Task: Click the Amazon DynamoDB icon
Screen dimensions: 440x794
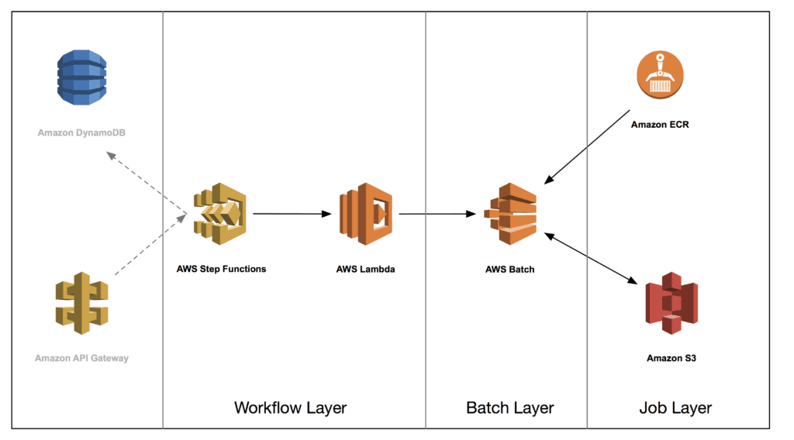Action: click(x=81, y=78)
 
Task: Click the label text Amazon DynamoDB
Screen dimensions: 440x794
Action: click(x=81, y=133)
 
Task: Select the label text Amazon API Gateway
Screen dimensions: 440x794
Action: click(x=81, y=358)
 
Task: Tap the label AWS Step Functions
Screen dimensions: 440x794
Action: click(x=221, y=269)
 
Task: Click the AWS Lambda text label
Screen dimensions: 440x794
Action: click(x=366, y=270)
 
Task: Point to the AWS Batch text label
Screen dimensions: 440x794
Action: click(x=510, y=270)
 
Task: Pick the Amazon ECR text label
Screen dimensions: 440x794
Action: click(x=660, y=124)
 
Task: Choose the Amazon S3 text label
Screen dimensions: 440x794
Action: click(x=671, y=358)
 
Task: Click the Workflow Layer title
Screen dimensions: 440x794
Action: click(x=290, y=407)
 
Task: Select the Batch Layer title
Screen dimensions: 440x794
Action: click(x=509, y=407)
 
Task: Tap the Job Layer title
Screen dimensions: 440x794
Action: click(x=675, y=407)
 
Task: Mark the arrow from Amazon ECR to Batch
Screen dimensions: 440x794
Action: click(x=587, y=147)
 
